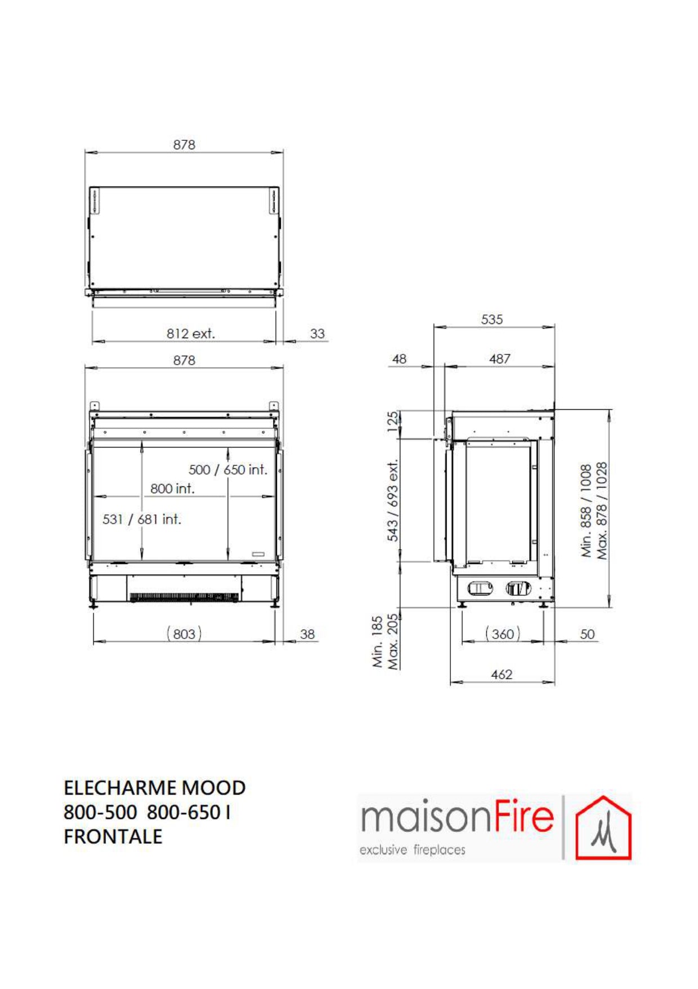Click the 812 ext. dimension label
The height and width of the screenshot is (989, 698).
[x=190, y=334]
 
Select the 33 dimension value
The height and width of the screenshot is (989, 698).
[x=317, y=334]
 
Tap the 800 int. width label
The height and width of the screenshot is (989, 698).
[x=172, y=489]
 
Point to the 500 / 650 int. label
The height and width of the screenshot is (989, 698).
[x=228, y=469]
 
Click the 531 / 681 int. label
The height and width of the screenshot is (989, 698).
[x=142, y=519]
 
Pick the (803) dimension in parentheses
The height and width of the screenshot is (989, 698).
[x=184, y=634]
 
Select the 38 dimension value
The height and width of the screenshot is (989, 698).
[x=307, y=634]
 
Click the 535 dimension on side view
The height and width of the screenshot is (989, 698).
[x=491, y=320]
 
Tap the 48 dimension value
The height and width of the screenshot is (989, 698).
[x=399, y=359]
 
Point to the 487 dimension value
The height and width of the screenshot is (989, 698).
[x=500, y=359]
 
